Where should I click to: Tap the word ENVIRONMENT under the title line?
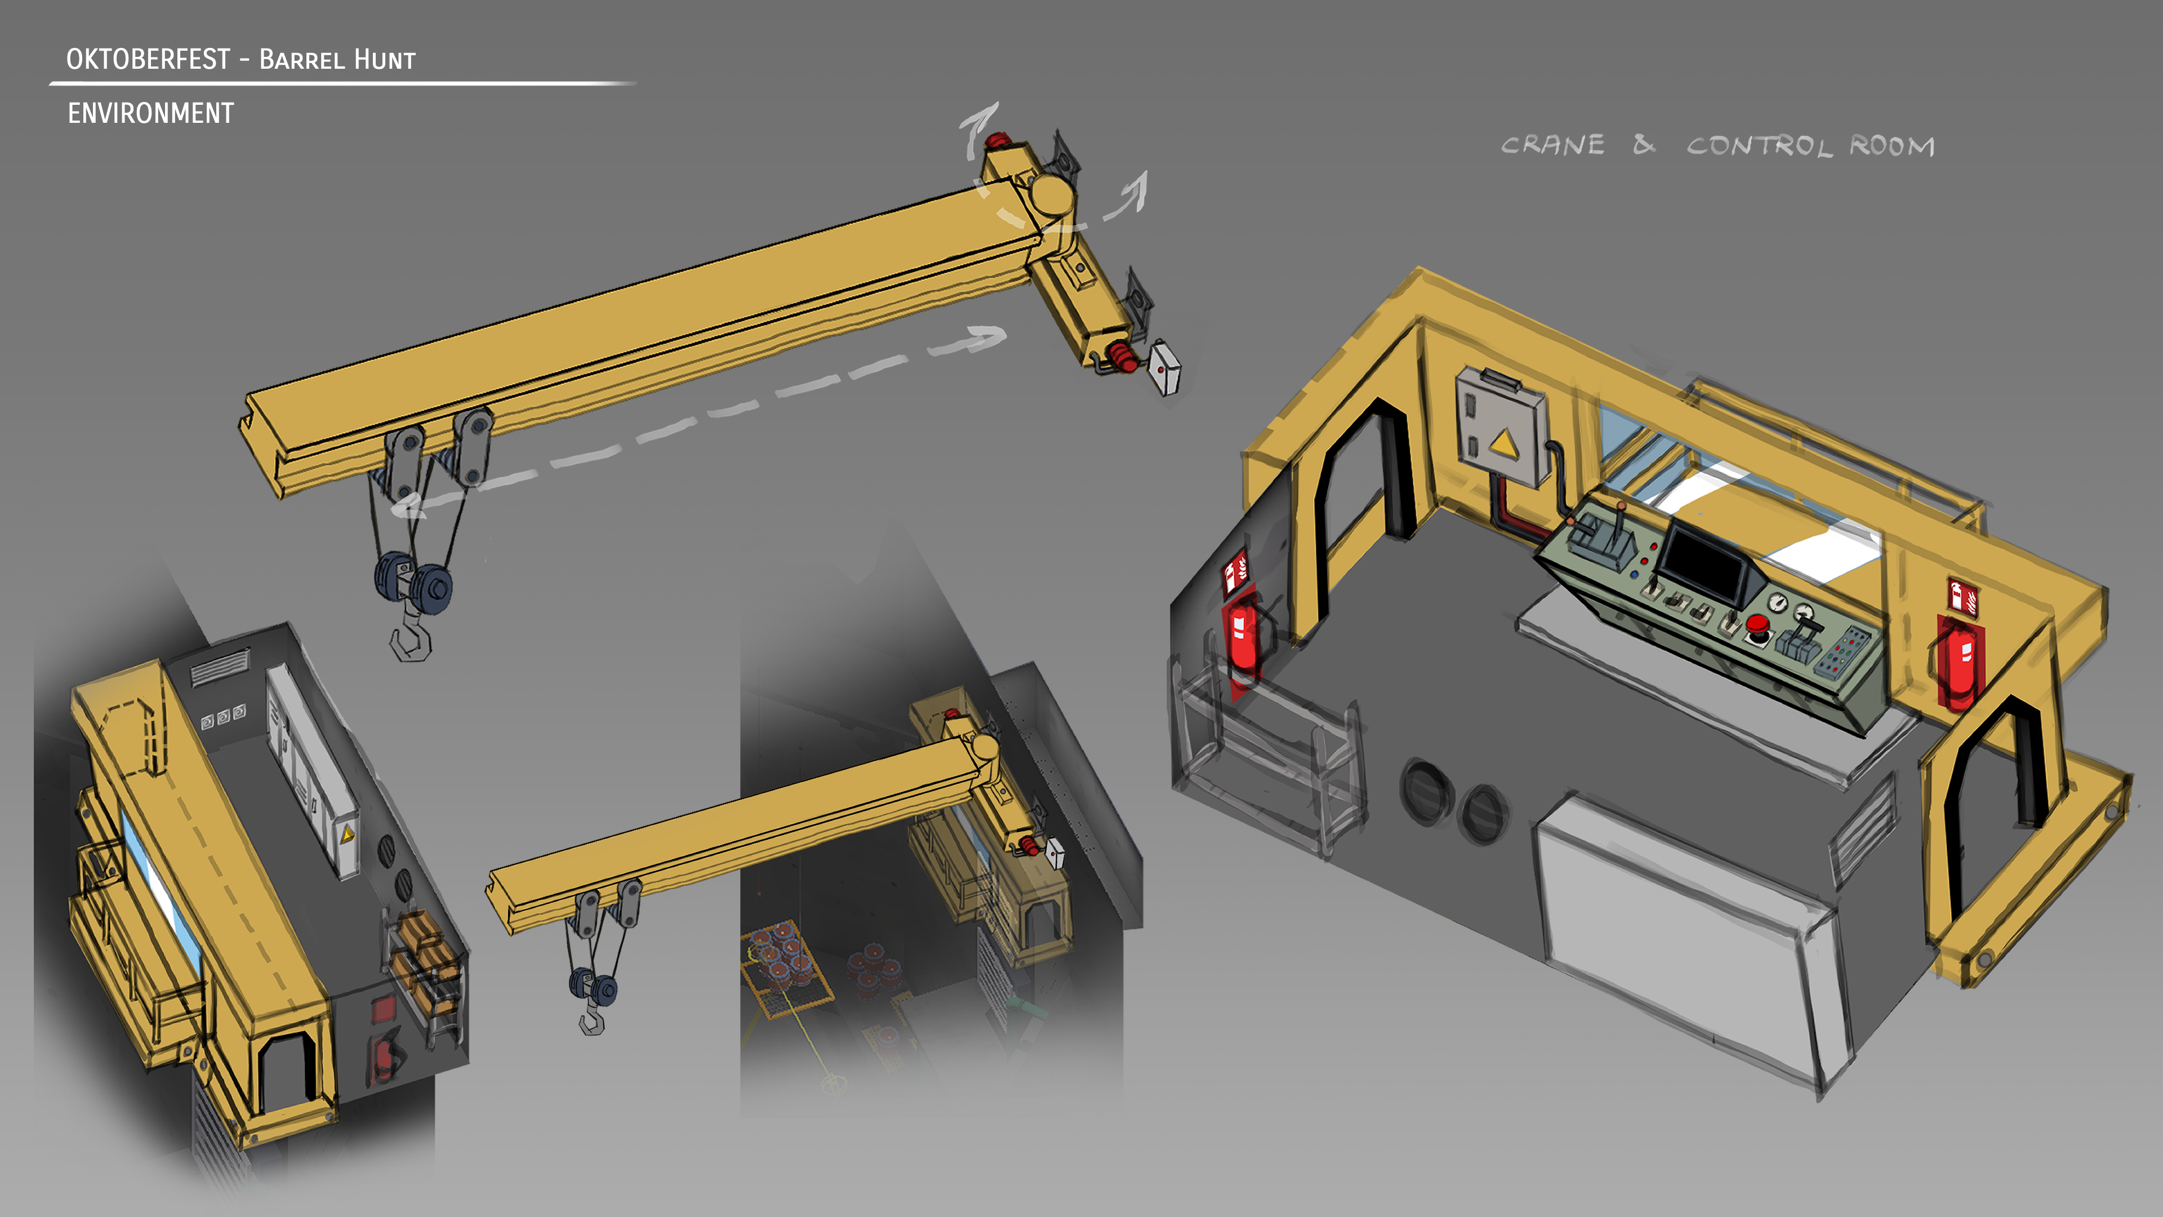(x=150, y=113)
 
